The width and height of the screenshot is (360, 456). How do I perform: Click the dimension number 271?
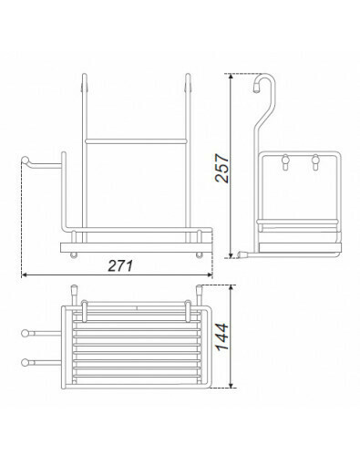(120, 266)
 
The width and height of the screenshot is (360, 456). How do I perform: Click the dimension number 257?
(221, 168)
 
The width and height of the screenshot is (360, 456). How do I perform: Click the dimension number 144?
(222, 337)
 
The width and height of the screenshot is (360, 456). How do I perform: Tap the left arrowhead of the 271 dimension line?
(25, 275)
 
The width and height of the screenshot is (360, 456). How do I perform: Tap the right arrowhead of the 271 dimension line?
(209, 275)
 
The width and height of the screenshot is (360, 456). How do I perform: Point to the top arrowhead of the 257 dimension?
(231, 77)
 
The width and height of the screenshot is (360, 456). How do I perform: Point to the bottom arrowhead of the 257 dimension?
(231, 255)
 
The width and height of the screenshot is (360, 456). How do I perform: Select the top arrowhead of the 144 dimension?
(232, 288)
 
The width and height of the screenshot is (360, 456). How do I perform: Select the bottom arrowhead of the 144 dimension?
(232, 385)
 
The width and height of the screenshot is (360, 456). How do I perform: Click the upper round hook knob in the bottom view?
(25, 334)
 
